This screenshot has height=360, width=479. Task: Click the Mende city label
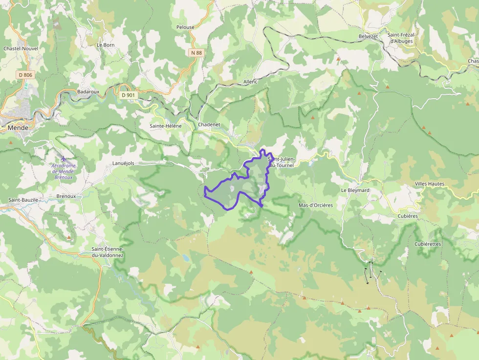click(18, 127)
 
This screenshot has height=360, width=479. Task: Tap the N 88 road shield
click(196, 52)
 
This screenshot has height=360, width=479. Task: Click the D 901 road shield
click(127, 95)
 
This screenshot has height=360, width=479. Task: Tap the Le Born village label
click(106, 45)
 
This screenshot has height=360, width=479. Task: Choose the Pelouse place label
click(185, 27)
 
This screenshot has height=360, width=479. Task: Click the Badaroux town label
click(88, 91)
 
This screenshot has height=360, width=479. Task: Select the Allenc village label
click(250, 82)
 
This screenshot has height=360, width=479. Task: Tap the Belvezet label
click(368, 36)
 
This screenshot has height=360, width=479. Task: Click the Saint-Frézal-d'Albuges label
click(401, 38)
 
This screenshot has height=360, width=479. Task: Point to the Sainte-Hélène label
click(165, 126)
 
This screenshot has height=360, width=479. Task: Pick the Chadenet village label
click(209, 125)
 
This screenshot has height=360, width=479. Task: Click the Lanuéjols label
click(123, 163)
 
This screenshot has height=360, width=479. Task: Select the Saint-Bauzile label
click(23, 200)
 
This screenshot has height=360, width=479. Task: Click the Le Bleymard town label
click(355, 190)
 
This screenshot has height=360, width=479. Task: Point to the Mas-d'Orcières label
click(315, 205)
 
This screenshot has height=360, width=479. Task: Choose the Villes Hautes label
click(429, 184)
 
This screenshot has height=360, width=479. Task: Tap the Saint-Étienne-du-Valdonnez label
click(108, 252)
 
